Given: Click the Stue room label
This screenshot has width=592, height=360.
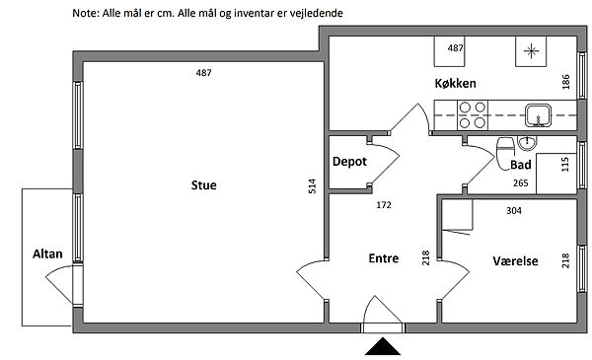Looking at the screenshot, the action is click(x=204, y=185).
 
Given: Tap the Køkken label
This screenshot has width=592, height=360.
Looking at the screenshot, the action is click(x=455, y=83).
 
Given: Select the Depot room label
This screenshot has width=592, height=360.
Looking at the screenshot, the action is click(x=349, y=162).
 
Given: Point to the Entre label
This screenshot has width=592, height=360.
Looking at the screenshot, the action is click(x=384, y=258).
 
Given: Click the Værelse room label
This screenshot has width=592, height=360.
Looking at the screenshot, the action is click(x=515, y=260).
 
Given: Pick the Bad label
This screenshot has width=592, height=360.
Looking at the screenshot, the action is click(x=521, y=165).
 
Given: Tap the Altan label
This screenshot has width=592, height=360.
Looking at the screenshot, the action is click(x=47, y=253).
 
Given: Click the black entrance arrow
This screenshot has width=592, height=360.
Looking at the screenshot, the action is click(x=383, y=346).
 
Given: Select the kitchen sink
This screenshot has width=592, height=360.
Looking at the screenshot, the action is click(x=538, y=115).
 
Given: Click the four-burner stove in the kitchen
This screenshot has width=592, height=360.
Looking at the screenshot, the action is click(x=473, y=115).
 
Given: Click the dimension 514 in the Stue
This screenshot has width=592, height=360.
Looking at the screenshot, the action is click(x=312, y=186).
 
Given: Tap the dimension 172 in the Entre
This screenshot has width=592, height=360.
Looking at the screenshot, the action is click(x=384, y=205).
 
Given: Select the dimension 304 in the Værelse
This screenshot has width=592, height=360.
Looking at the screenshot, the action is click(x=514, y=210).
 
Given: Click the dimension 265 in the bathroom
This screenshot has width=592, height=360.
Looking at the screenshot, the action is click(x=521, y=183).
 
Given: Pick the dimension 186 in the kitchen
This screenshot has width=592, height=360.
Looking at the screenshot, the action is click(x=565, y=82).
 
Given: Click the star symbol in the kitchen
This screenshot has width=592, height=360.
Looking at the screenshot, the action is click(x=531, y=51).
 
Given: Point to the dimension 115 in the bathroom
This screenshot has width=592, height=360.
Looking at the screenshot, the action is click(x=564, y=165).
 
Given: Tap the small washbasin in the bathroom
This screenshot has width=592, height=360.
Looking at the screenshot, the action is click(x=528, y=143).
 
